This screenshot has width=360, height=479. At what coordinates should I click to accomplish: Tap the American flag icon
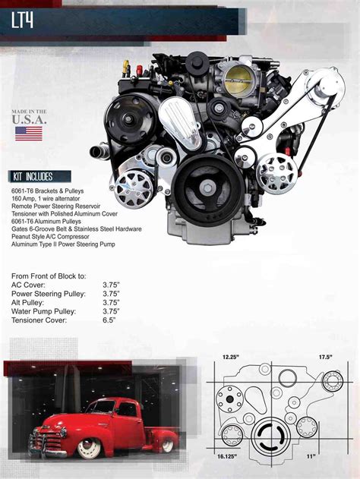(29, 134)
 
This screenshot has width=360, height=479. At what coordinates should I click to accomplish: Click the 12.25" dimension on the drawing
(231, 356)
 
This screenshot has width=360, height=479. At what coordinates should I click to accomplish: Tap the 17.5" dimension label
(327, 356)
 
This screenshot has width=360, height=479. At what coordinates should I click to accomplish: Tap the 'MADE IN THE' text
(29, 112)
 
